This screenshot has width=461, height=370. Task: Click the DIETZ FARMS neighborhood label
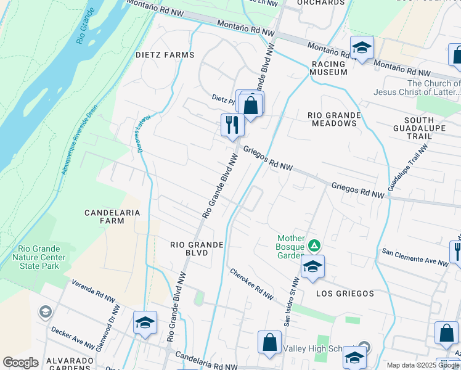pos(165,55)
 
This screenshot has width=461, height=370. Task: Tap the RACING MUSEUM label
pos(329,68)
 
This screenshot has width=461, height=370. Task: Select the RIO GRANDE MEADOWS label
pos(332,119)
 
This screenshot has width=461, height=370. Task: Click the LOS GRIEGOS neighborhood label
pos(345,294)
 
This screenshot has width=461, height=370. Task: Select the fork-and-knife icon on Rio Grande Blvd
pos(232,125)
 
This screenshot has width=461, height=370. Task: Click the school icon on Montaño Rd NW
pos(362,47)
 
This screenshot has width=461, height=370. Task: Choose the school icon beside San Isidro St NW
pos(312,266)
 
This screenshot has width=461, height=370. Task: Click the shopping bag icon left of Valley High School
pos(269,342)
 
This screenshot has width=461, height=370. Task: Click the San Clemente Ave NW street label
pos(415,257)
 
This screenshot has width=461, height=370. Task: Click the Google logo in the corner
pos(20,362)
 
